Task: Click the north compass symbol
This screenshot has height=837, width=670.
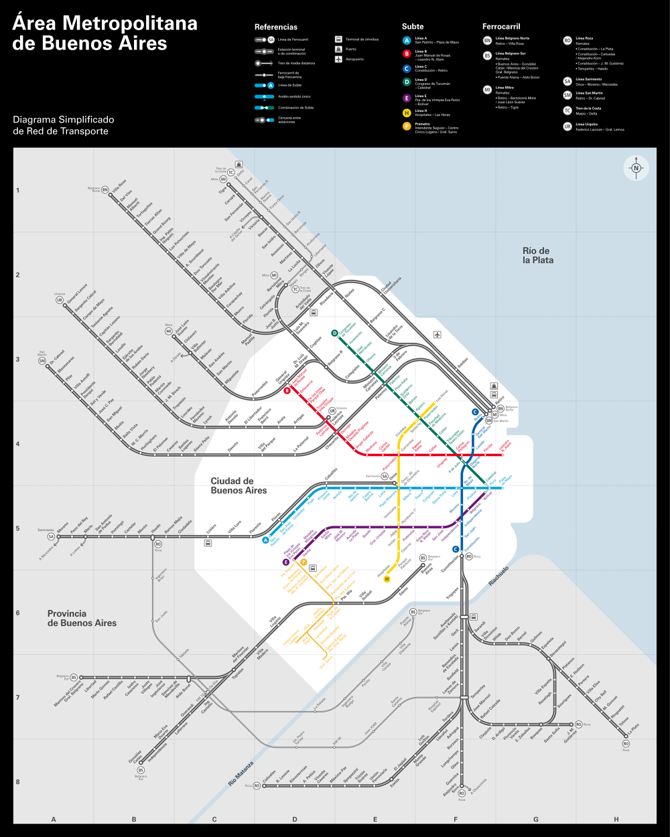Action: pyautogui.click(x=636, y=168)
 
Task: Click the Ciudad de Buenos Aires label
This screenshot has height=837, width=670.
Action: pyautogui.click(x=239, y=485)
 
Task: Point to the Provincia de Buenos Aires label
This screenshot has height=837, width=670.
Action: pyautogui.click(x=82, y=618)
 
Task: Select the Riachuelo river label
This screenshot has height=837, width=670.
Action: pyautogui.click(x=498, y=577)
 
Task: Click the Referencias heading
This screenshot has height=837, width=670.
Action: pyautogui.click(x=276, y=27)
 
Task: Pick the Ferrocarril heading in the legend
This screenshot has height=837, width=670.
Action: pyautogui.click(x=501, y=27)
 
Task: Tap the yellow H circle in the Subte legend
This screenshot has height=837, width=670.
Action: pyautogui.click(x=407, y=113)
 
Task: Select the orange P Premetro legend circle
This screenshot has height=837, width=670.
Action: pyautogui.click(x=407, y=126)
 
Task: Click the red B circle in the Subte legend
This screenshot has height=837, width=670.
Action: pyautogui.click(x=407, y=54)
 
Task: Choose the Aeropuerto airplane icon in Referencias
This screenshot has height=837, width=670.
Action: pyautogui.click(x=339, y=59)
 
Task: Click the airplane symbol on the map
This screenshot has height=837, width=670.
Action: pyautogui.click(x=438, y=334)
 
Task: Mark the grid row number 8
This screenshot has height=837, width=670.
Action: pyautogui.click(x=18, y=782)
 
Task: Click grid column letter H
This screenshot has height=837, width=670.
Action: pyautogui.click(x=616, y=819)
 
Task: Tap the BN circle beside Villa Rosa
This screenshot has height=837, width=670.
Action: pyautogui.click(x=105, y=190)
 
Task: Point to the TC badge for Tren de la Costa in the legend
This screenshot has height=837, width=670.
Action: pyautogui.click(x=567, y=110)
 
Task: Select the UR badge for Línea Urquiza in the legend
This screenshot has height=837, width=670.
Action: pyautogui.click(x=567, y=127)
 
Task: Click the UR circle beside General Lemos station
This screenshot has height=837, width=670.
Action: pyautogui.click(x=60, y=300)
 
